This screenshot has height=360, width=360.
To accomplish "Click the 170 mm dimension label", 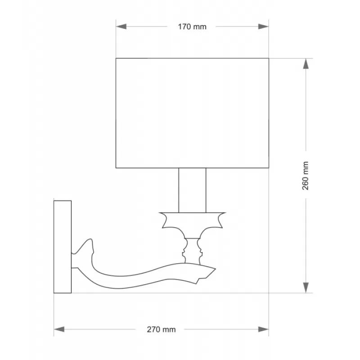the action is coord(192,27).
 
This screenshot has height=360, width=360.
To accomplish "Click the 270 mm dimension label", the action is coord(161,329).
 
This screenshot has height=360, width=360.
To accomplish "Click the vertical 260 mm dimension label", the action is coord(306,175).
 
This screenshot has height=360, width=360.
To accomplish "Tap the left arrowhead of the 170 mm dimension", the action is coord(121,27).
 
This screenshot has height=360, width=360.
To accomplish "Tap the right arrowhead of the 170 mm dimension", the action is coord(263,27).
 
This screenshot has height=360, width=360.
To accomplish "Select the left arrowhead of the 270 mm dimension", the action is coord(59,329).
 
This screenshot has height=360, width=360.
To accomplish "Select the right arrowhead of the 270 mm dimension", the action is coord(263,329).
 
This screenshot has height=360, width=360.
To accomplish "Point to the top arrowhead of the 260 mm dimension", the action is coord(306,63).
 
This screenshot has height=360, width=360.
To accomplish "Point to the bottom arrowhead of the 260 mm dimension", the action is coord(306,288).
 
